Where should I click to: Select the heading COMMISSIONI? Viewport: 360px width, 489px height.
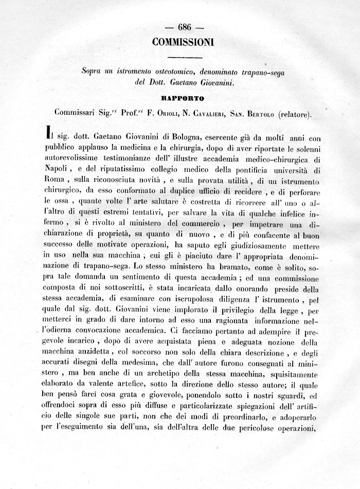point(183,43)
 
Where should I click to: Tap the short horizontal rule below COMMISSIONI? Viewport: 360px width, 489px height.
point(183,57)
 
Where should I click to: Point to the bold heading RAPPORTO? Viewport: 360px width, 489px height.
point(183,98)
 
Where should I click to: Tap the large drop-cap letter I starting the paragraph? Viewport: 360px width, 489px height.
point(49,134)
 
